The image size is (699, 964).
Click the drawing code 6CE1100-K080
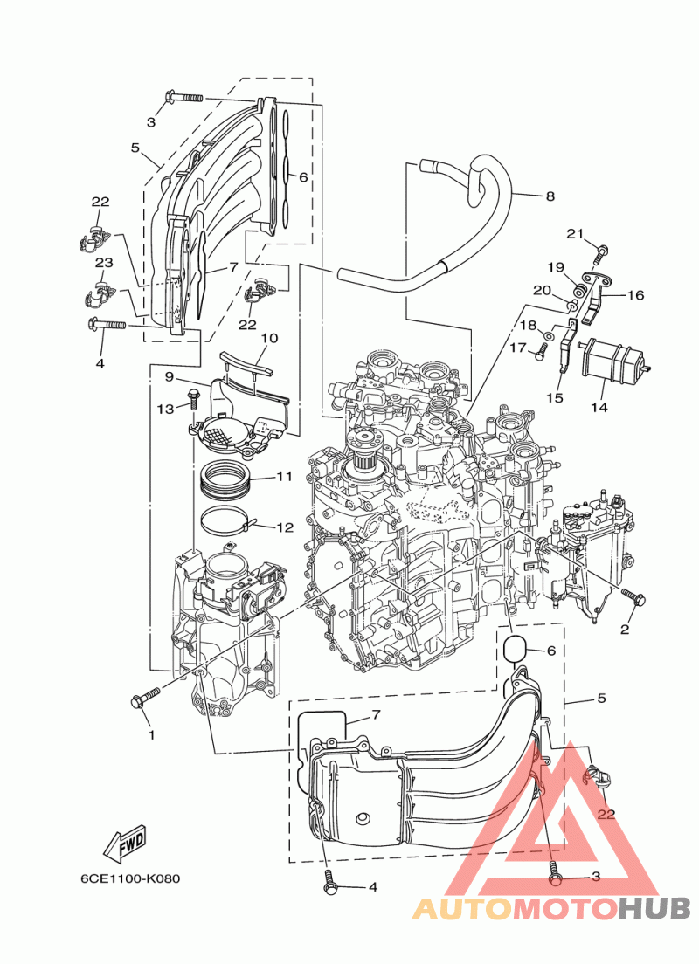pyautogui.click(x=130, y=878)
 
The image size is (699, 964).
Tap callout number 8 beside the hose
pyautogui.click(x=550, y=196)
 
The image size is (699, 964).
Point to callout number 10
pyautogui.click(x=269, y=338)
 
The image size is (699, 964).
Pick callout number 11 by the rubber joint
pyautogui.click(x=284, y=477)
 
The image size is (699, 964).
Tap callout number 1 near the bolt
pyautogui.click(x=151, y=734)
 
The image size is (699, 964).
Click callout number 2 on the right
pyautogui.click(x=625, y=630)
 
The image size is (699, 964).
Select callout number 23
pyautogui.click(x=104, y=263)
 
